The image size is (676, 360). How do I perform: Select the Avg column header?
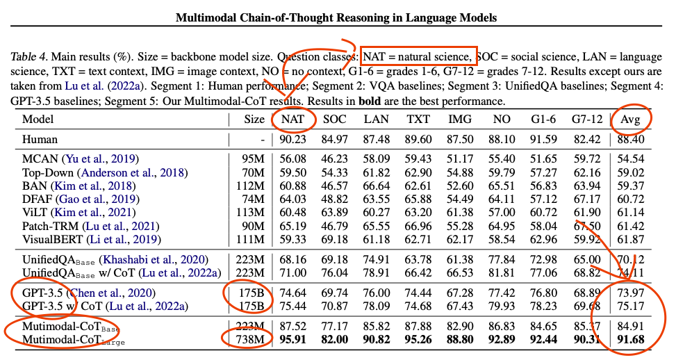tap(631, 120)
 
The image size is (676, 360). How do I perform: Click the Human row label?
tap(40, 140)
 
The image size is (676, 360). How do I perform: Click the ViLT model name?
tap(35, 213)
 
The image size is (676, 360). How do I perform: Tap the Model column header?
tap(38, 120)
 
